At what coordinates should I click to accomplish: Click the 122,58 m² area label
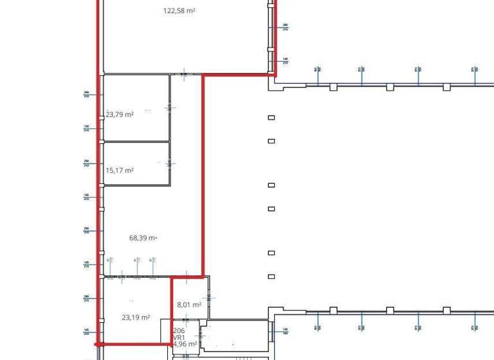tap(179, 11)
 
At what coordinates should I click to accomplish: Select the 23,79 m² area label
tap(120, 114)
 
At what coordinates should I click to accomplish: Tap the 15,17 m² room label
tap(120, 170)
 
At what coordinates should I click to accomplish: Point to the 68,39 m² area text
tap(143, 237)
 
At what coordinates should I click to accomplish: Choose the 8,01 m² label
tap(189, 305)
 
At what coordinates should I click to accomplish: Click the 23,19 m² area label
tap(136, 317)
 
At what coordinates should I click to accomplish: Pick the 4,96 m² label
tap(184, 344)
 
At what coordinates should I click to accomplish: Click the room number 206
tap(179, 330)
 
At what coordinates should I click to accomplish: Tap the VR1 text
tap(179, 337)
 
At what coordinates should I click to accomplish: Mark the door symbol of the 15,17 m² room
tap(170, 164)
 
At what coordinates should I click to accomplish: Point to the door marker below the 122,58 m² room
tap(185, 75)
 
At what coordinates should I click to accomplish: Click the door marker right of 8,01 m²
tap(212, 298)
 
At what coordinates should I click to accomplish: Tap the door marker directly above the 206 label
tap(185, 319)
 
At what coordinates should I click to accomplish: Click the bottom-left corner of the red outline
tap(98, 344)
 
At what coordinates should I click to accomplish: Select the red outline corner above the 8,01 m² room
tap(171, 278)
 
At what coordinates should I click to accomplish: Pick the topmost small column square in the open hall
tap(271, 117)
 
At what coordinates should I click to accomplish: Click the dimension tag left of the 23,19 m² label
tap(86, 298)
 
